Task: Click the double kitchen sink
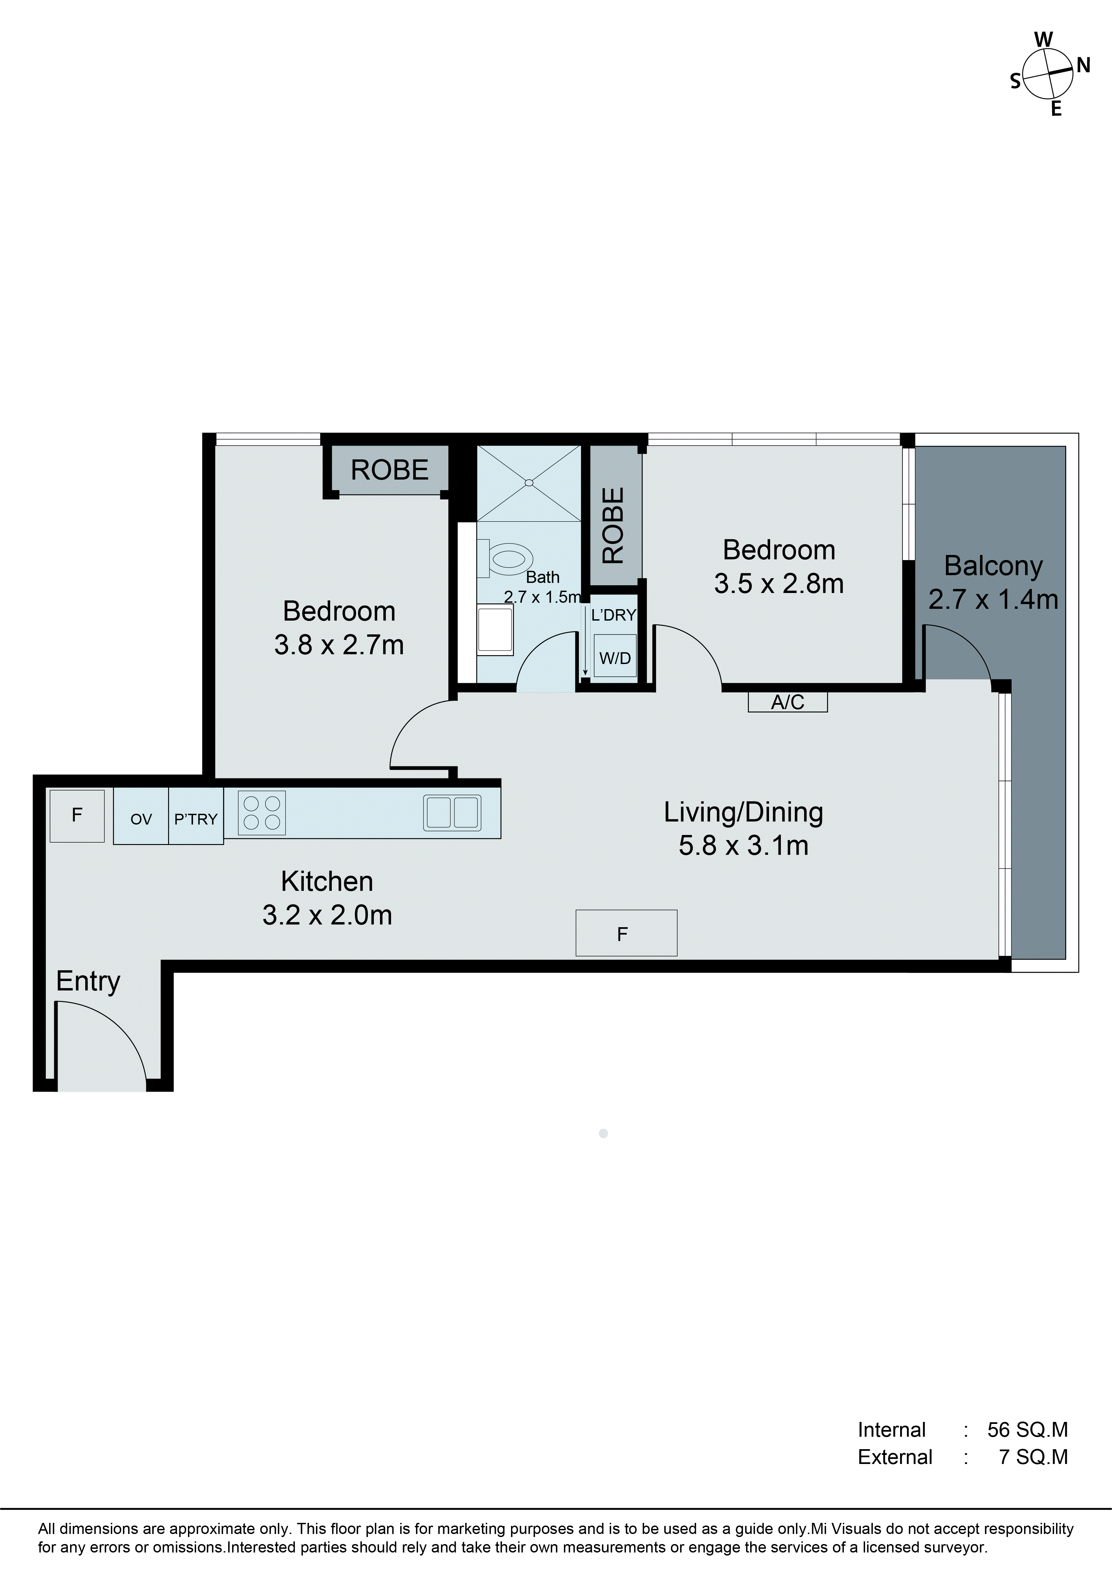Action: pyautogui.click(x=452, y=813)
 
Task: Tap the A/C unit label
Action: pyautogui.click(x=788, y=702)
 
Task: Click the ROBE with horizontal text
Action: pyautogui.click(x=390, y=470)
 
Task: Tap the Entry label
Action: pyautogui.click(x=88, y=981)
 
